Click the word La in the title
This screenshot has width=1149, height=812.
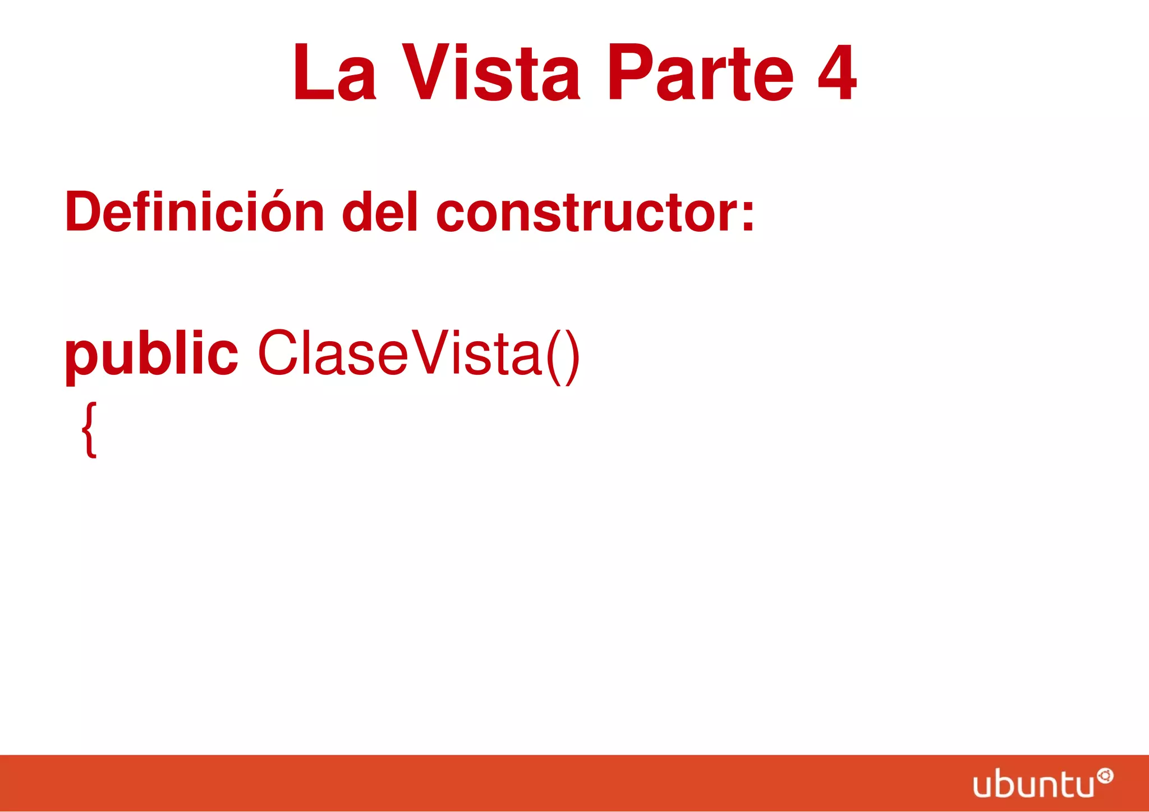tap(334, 73)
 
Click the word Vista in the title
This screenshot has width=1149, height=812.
tap(491, 73)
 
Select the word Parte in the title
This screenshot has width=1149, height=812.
tap(700, 73)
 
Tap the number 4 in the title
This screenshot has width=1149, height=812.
tap(837, 73)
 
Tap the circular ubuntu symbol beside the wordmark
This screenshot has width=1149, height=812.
tap(1105, 776)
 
